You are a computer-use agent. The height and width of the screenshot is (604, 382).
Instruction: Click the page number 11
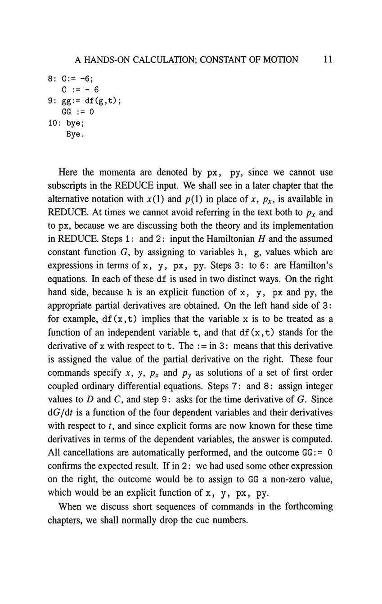point(328,59)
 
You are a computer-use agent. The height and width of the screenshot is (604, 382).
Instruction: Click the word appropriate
point(70,306)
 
